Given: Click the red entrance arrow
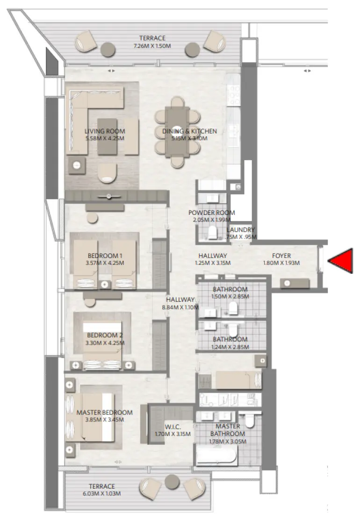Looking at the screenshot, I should (x=342, y=261).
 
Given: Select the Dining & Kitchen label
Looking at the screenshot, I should (x=189, y=131).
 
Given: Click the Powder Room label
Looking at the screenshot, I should (x=211, y=213).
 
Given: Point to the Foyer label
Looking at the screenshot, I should (x=281, y=256).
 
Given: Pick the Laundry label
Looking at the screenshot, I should (x=241, y=230).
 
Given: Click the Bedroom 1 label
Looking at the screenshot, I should (x=105, y=256).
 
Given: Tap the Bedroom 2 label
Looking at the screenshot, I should (x=105, y=335).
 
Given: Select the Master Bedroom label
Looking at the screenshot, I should (x=104, y=413).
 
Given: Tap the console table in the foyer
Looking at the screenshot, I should (x=295, y=283).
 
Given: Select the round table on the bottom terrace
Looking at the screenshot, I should (x=173, y=480).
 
